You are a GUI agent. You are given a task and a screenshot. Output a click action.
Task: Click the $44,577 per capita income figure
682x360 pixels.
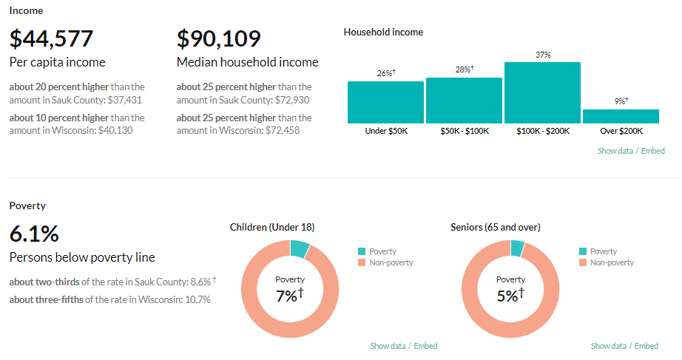[51, 38]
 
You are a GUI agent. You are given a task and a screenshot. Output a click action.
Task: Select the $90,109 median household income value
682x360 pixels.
[218, 38]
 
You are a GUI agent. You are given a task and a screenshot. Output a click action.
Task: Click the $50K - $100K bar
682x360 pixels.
[464, 101]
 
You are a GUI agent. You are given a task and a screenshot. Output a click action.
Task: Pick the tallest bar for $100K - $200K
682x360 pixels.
[542, 92]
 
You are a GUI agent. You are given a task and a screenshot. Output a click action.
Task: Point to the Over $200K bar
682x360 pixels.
[621, 116]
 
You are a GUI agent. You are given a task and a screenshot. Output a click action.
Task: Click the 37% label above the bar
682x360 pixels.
[543, 55]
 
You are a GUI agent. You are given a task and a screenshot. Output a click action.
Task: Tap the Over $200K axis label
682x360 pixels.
[621, 131]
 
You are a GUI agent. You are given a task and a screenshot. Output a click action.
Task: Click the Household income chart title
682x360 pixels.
[383, 33]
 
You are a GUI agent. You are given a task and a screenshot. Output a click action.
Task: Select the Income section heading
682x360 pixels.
[26, 11]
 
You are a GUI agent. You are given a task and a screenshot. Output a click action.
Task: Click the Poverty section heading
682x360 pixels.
[27, 206]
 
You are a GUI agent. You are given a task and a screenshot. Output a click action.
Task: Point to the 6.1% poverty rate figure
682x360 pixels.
[34, 234]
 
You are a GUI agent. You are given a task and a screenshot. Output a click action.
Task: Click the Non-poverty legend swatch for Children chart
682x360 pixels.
[361, 263]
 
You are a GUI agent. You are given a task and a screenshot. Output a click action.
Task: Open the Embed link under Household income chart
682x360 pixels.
[652, 151]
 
